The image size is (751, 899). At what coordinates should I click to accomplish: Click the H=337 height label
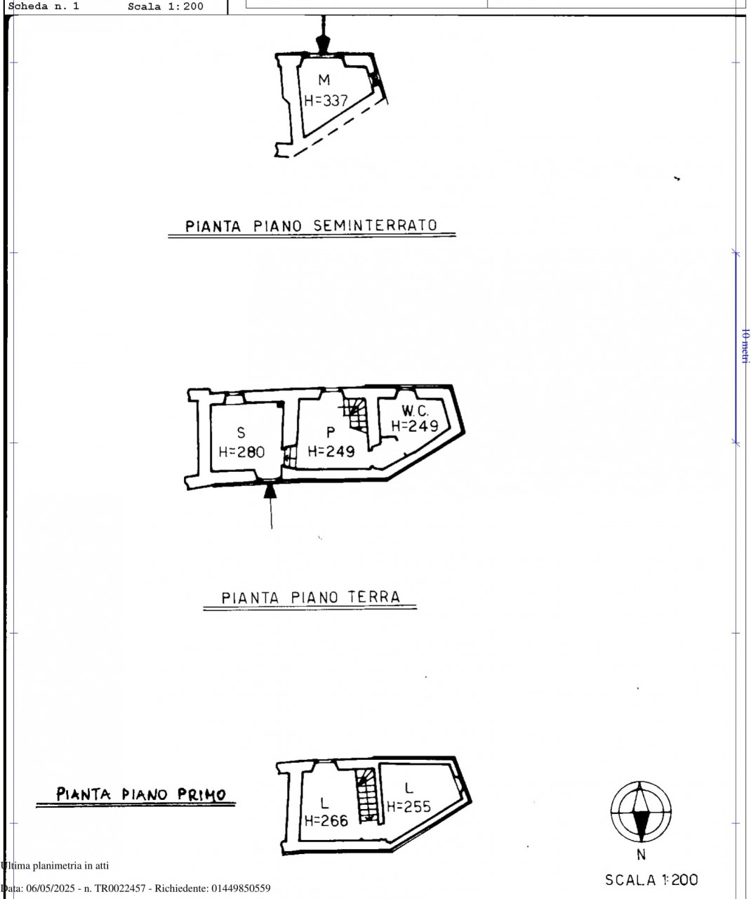[326, 100]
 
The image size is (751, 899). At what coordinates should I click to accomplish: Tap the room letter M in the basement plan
[324, 79]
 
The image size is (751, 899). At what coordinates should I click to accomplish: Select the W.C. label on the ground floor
[415, 410]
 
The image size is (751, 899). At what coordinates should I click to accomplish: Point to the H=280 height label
[241, 452]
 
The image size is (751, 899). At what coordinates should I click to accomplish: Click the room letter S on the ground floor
[241, 432]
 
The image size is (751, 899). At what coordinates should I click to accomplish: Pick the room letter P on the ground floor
[331, 431]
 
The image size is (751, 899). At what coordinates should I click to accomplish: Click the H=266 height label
[326, 820]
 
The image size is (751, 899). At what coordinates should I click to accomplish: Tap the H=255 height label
[409, 806]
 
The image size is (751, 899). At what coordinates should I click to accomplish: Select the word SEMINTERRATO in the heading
[375, 225]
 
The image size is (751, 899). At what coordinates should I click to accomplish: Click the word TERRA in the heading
[374, 597]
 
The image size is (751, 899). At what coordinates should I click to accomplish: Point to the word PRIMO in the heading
[202, 794]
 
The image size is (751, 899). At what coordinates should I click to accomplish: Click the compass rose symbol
[641, 812]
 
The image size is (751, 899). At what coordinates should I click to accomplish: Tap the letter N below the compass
[642, 854]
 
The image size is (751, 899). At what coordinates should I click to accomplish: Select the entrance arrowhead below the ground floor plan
[270, 491]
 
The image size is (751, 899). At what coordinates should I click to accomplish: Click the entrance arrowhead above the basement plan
[323, 45]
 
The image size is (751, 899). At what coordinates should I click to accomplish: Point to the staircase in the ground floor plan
[357, 414]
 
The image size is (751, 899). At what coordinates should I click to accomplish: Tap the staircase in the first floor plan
[366, 794]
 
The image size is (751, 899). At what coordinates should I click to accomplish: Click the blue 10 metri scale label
[745, 346]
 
